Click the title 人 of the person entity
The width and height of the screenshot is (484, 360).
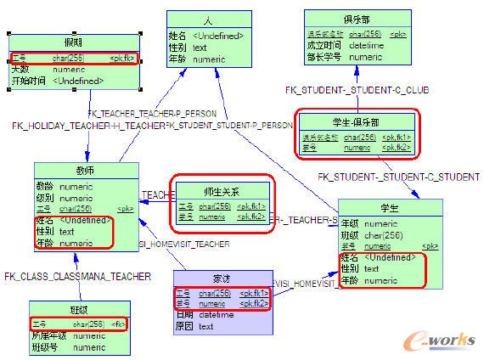[x=208, y=20]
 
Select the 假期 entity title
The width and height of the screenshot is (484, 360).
[x=75, y=42]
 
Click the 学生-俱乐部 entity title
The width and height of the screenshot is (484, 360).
[x=355, y=121]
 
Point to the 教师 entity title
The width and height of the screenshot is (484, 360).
[x=86, y=170]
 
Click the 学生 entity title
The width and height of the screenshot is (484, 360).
[x=390, y=208]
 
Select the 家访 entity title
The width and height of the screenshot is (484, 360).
[x=222, y=278]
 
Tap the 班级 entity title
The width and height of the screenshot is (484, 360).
[x=78, y=309]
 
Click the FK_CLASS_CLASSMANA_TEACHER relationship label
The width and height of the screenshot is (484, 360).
[x=78, y=276]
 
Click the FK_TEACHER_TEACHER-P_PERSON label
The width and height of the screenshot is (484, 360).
[x=152, y=113]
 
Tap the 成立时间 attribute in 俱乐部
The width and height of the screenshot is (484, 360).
[x=324, y=45]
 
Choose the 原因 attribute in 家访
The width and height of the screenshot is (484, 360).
[x=184, y=326]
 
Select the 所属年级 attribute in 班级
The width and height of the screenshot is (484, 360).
[x=48, y=336]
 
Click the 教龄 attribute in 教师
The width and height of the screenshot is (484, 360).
[x=46, y=186]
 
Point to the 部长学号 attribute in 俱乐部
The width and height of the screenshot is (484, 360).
[x=324, y=57]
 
